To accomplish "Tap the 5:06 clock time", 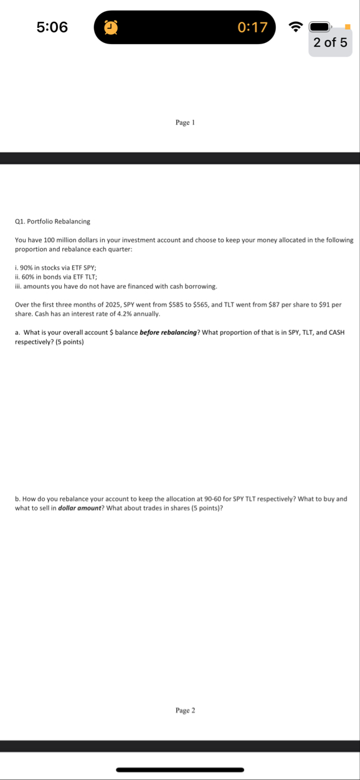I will click(52, 27).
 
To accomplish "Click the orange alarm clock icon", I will click(111, 27).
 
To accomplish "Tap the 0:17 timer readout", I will click(252, 27).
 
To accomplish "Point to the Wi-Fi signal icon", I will click(294, 27).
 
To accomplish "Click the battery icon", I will click(320, 27).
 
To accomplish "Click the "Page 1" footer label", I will click(186, 123).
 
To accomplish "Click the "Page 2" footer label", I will click(186, 710).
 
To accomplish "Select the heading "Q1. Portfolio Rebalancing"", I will click(52, 221).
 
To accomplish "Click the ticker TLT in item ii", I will click(88, 277).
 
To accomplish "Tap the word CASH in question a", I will click(334, 332).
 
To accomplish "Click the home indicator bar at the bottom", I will click(180, 769).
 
